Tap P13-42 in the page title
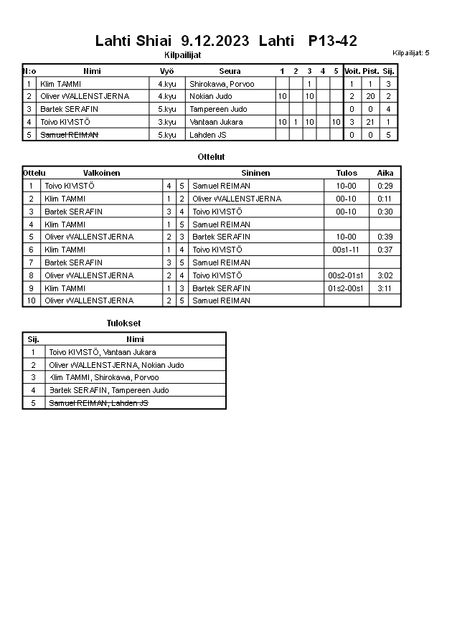point(333,41)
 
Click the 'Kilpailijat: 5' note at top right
point(411,53)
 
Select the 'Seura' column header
point(230,71)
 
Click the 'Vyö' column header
point(166,71)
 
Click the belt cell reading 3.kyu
point(166,122)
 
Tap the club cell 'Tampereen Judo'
point(218,109)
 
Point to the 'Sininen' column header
point(255,173)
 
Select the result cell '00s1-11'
point(346,250)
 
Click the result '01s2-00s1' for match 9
point(346,288)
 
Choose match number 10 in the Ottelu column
point(31,300)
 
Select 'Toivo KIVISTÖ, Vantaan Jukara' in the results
point(102,352)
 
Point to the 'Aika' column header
point(385,173)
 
